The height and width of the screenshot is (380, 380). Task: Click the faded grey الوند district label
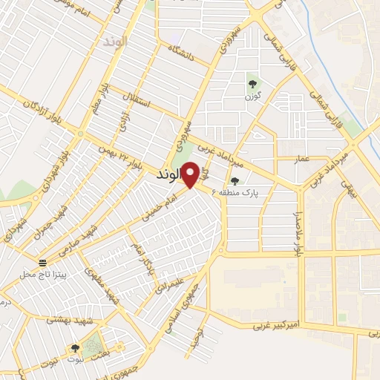click(117, 42)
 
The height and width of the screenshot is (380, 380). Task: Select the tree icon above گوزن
click(252, 83)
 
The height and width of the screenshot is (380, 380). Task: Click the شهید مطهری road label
click(102, 284)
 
